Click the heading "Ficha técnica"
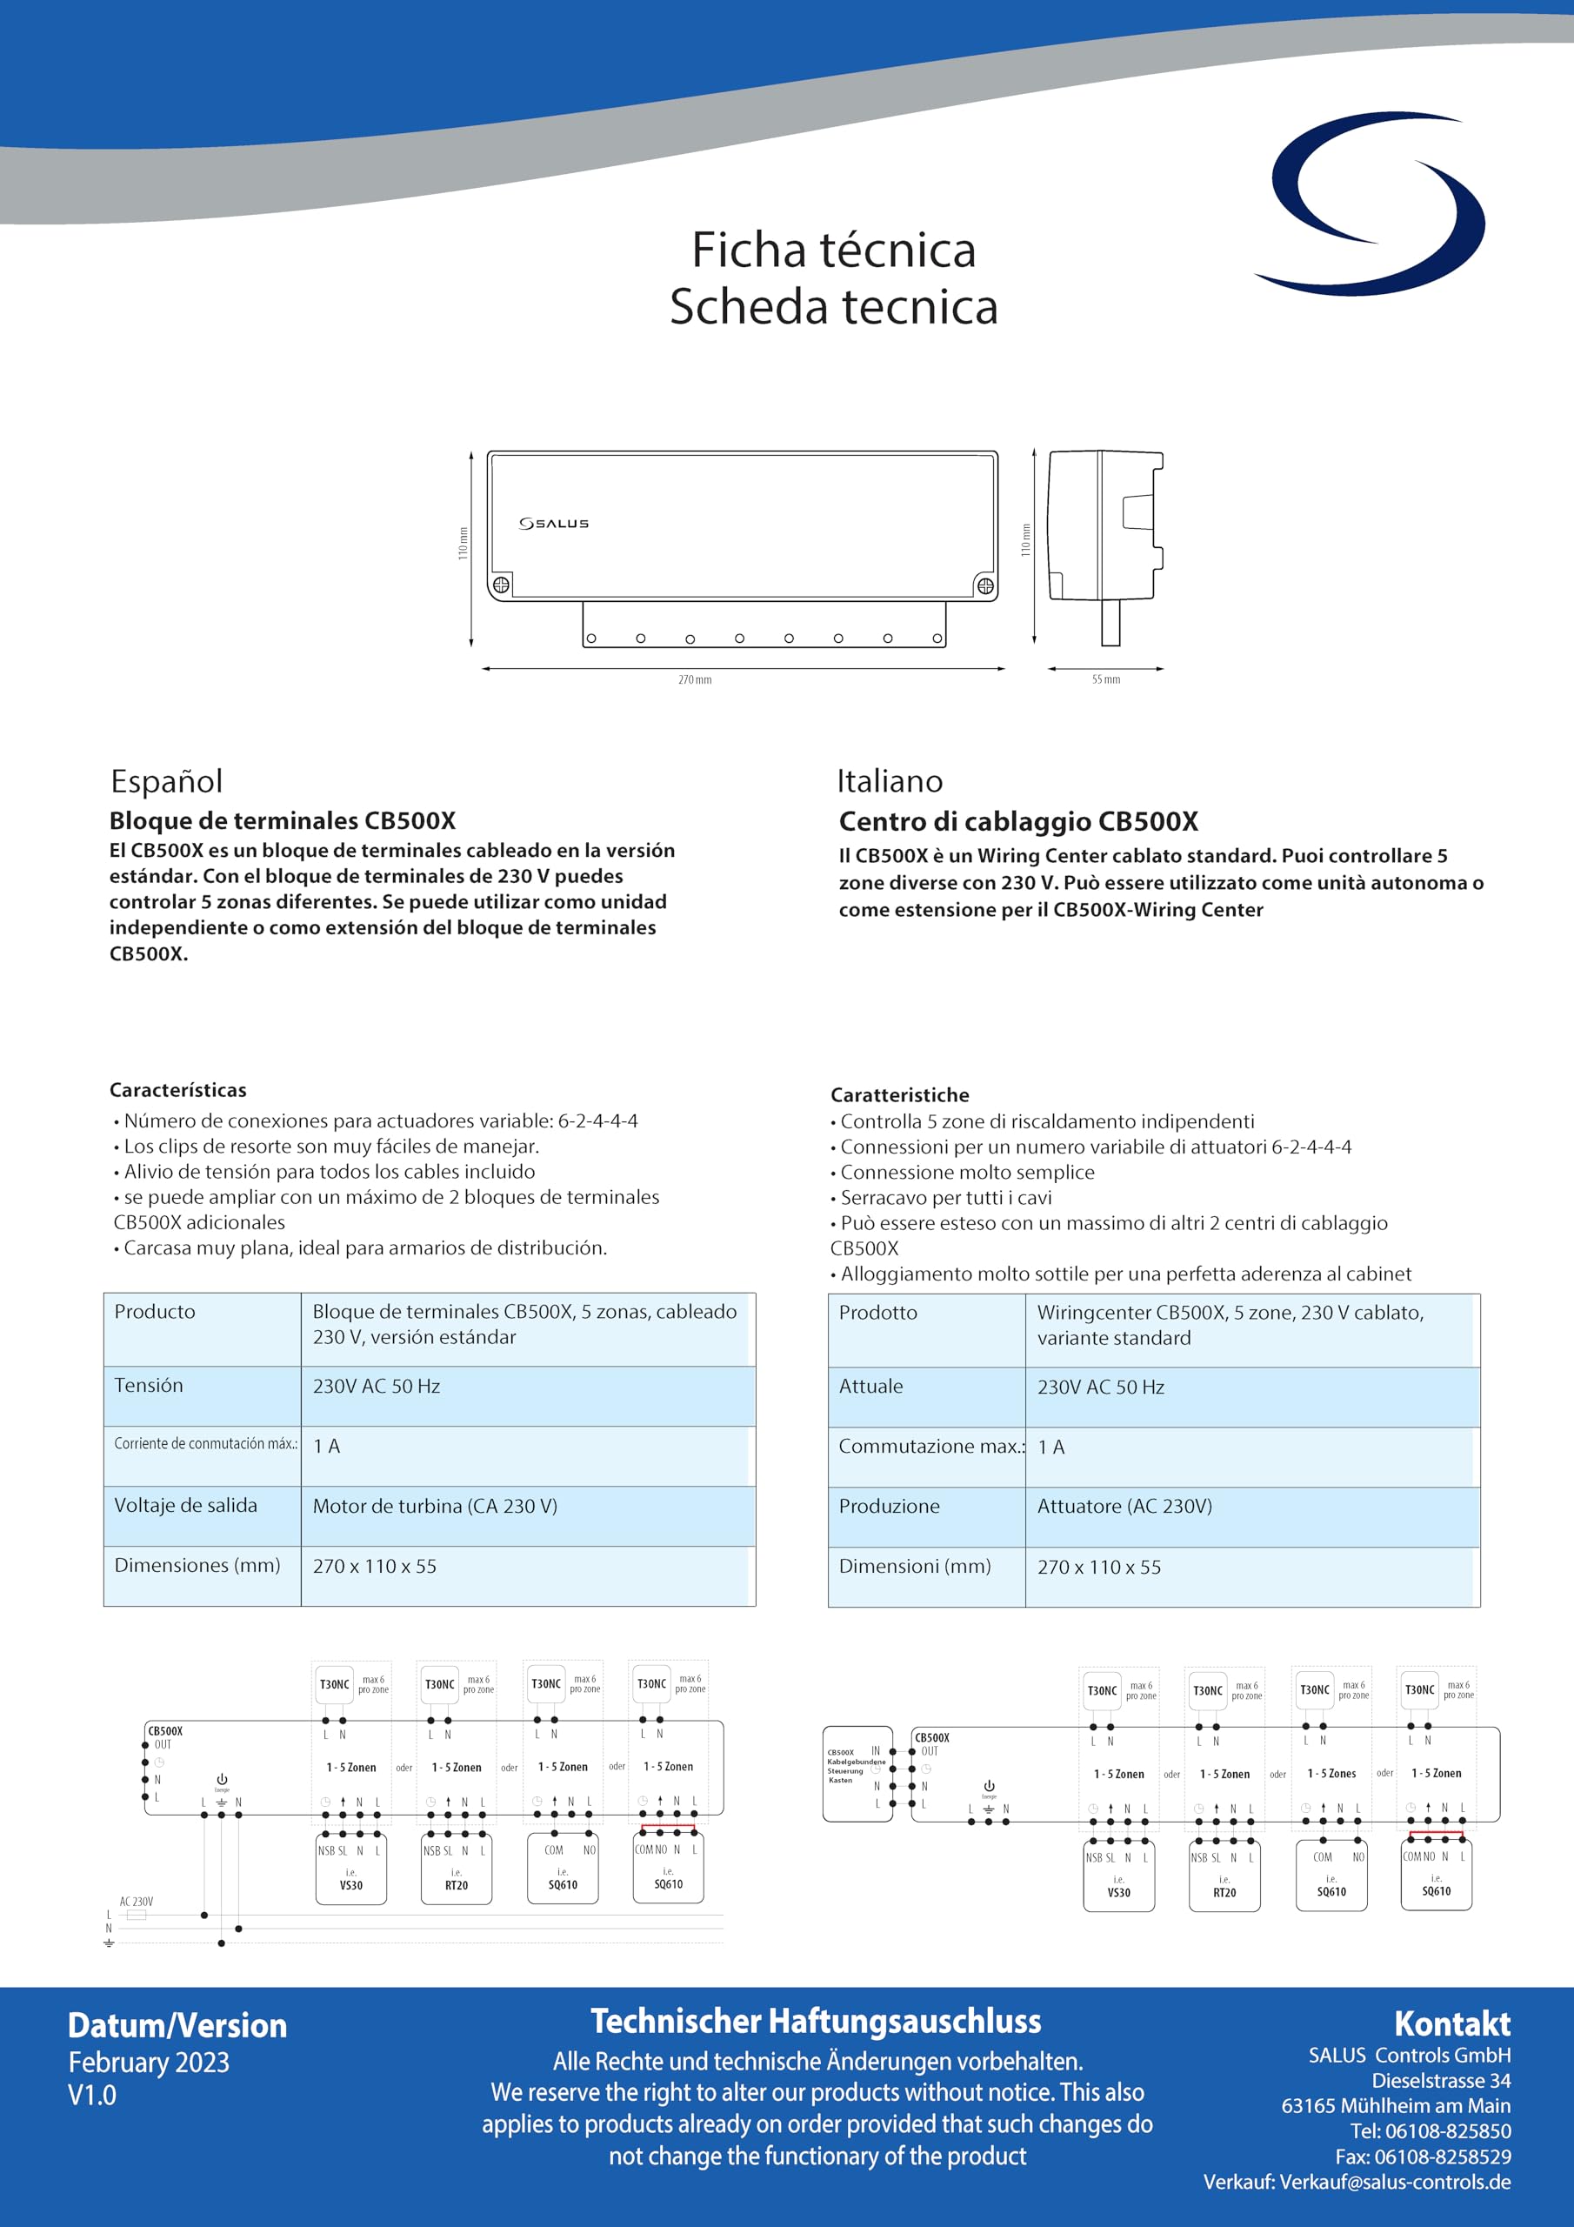833,251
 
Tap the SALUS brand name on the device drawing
554,524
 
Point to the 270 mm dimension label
694,680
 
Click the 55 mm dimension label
1105,680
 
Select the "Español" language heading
167,781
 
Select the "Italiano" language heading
890,781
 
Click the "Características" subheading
177,1090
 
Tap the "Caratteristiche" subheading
899,1095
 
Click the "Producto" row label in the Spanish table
155,1311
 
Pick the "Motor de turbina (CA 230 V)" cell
435,1507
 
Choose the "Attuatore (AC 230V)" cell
1124,1507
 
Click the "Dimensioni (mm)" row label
915,1567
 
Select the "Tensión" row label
149,1385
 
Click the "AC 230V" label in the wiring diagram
136,1902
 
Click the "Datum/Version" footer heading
177,2025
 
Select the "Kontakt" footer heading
1451,2023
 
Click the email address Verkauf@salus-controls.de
1395,2182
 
